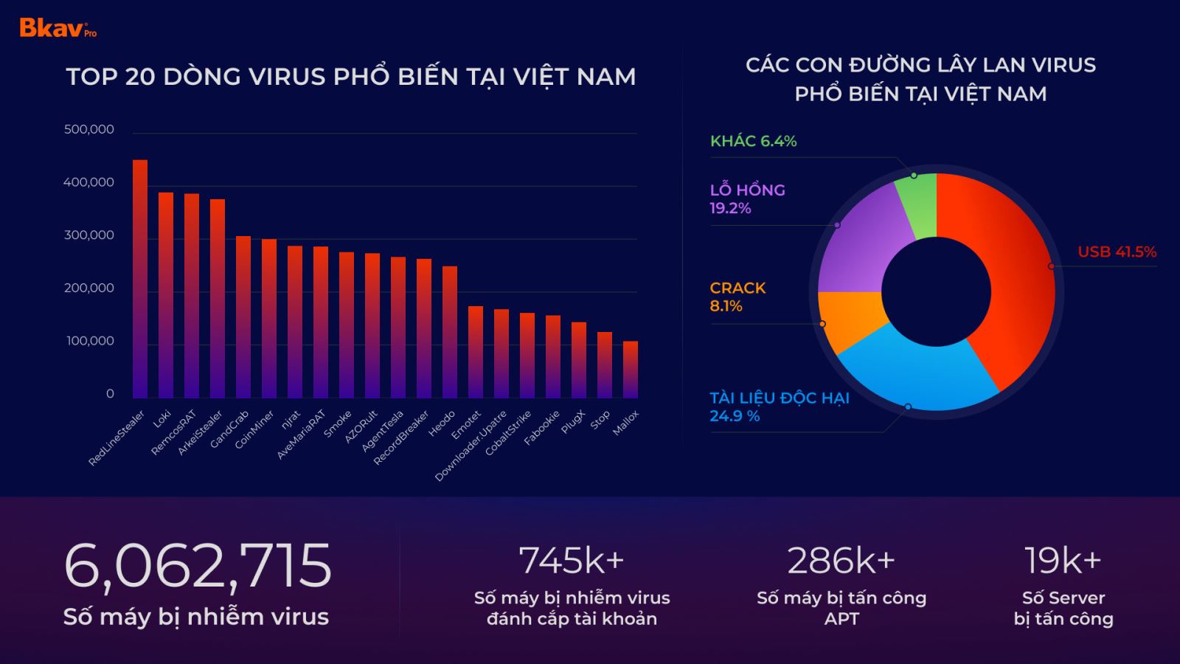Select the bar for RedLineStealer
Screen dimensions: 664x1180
140,280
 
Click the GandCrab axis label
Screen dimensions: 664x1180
230,429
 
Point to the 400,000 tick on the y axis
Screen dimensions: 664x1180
89,182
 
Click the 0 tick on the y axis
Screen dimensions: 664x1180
110,394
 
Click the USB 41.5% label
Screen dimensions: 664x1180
1117,252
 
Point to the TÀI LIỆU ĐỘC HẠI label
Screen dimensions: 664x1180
779,398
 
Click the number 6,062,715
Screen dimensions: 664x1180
198,565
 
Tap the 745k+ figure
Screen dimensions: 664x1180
572,561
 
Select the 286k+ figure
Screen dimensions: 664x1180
841,561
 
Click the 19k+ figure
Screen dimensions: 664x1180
1063,561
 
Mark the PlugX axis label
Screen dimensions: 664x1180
573,421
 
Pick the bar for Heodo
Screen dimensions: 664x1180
450,332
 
